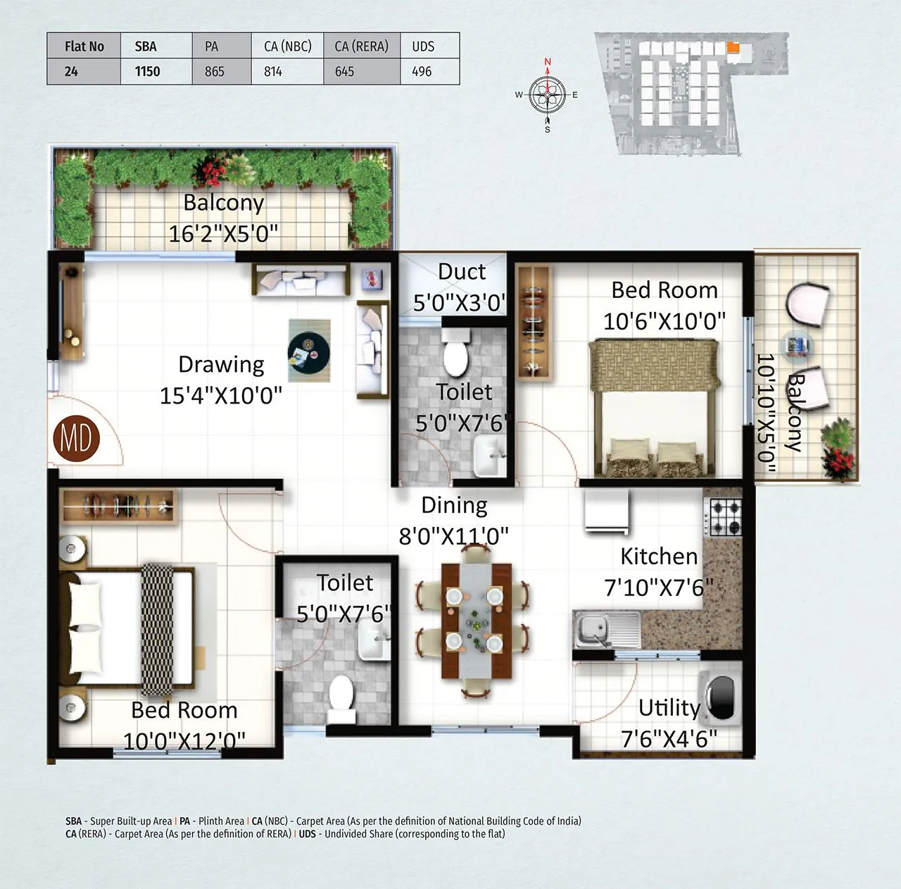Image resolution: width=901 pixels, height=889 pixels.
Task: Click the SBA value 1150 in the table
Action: (147, 71)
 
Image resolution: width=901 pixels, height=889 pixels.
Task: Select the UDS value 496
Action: (422, 71)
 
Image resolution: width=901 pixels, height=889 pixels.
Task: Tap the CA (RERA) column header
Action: (361, 46)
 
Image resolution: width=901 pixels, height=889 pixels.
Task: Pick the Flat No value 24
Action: (71, 71)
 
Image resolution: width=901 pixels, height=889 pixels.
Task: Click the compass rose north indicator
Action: (548, 63)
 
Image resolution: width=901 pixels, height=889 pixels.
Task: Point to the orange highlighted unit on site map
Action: (733, 48)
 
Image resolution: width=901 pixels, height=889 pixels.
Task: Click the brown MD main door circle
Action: (76, 439)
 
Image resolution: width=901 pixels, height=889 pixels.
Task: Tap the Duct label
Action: (462, 272)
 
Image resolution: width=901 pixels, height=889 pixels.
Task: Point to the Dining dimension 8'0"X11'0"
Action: (454, 537)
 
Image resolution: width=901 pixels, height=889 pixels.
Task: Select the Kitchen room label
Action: (659, 557)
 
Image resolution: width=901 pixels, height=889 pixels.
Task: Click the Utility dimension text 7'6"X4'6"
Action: (669, 739)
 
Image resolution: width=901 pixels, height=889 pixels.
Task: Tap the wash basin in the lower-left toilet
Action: (374, 642)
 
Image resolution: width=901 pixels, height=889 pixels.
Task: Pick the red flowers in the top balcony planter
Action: (212, 170)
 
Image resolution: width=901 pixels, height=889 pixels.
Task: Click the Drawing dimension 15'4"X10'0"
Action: (221, 396)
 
